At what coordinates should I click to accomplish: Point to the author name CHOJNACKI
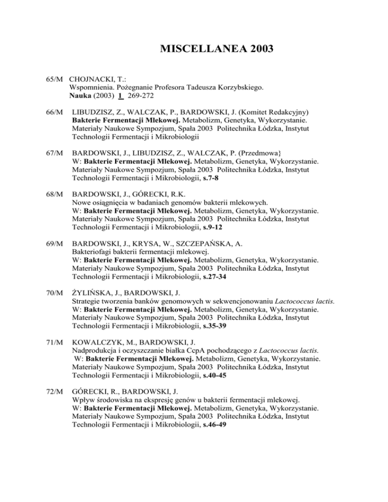click(x=92, y=79)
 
